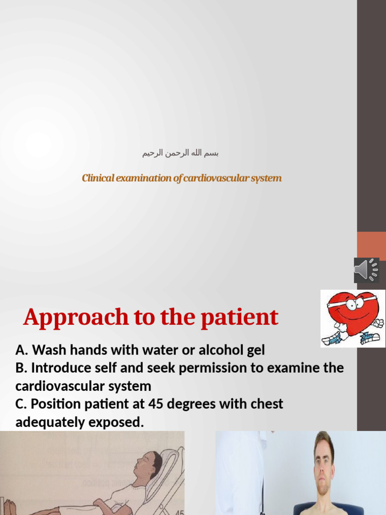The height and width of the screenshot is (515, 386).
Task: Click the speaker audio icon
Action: (366, 270)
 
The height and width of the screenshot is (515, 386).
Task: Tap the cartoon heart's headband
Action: (352, 302)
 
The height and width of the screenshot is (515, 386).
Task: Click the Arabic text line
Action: (180, 153)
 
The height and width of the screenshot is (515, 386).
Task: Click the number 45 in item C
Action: (156, 404)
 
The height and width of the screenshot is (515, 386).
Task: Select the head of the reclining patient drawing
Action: (146, 463)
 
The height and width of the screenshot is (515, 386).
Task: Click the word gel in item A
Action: (254, 350)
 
